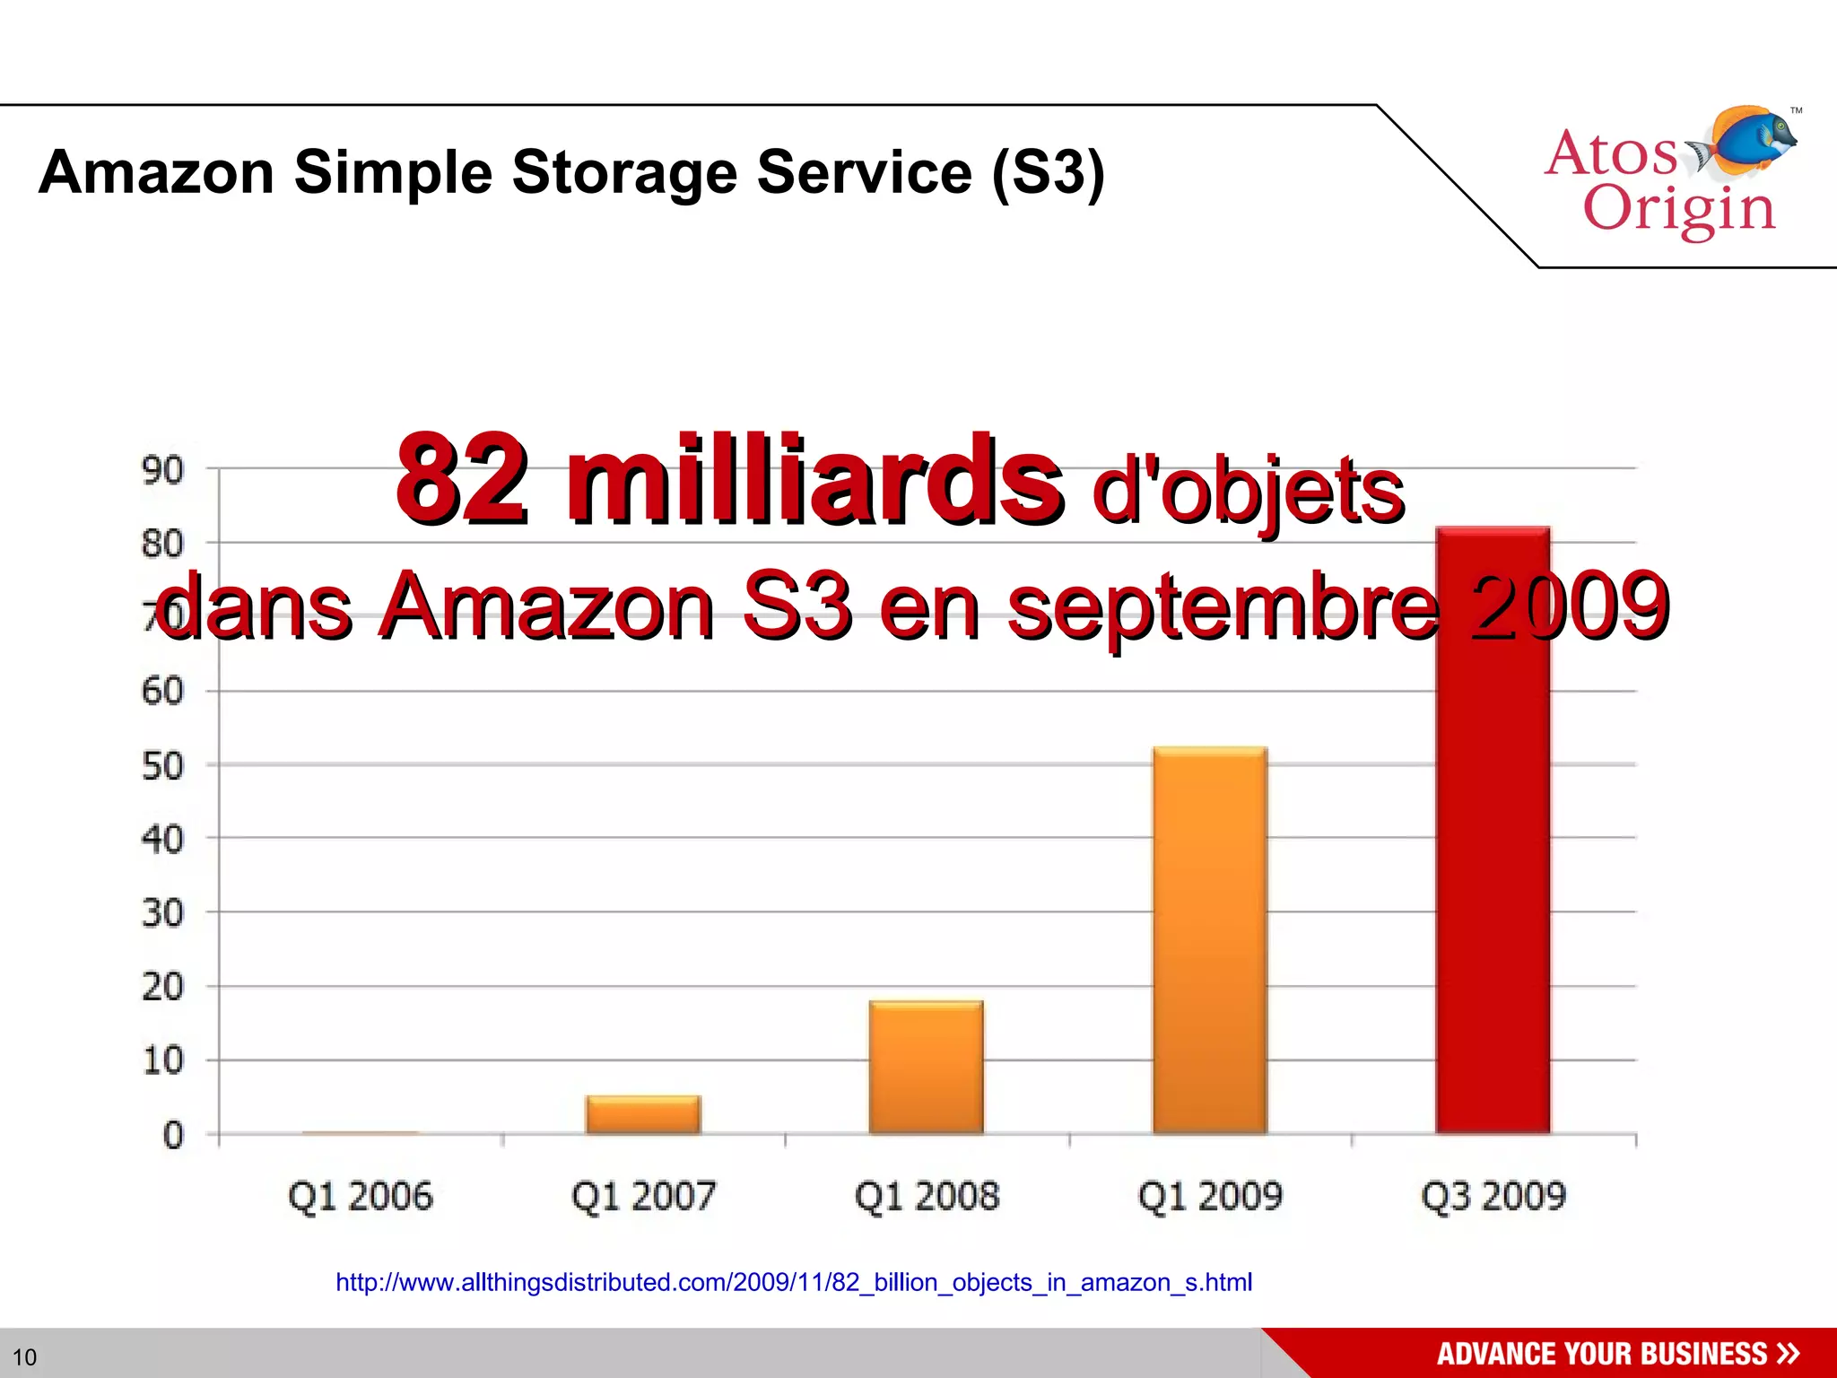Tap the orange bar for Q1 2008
[926, 1068]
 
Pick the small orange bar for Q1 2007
[643, 1115]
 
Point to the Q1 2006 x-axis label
[361, 1197]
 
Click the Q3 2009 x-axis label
[1493, 1197]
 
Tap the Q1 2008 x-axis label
[927, 1197]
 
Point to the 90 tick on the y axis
[162, 470]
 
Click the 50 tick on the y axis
[162, 766]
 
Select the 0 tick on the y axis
[173, 1136]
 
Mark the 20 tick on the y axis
[162, 988]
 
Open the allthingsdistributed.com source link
[794, 1283]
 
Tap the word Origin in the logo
[1679, 210]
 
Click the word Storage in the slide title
[624, 172]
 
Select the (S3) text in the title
[1048, 172]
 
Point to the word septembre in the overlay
[1224, 608]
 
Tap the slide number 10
[24, 1356]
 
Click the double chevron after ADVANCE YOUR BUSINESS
[1788, 1353]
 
